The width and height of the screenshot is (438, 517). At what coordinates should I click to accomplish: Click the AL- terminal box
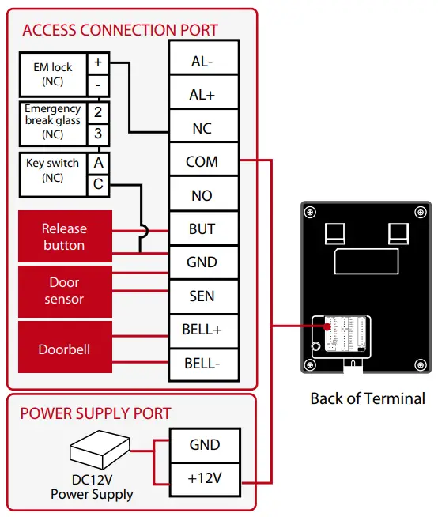point(202,62)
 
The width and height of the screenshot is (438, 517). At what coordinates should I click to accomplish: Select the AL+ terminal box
point(202,95)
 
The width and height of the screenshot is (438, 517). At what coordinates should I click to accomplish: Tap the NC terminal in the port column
point(202,129)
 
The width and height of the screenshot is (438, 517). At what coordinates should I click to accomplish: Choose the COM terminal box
point(202,162)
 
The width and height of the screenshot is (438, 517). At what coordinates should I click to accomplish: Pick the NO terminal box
point(202,195)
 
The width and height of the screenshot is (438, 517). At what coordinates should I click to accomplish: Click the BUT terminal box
point(202,229)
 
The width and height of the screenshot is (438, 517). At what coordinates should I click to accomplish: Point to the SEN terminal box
point(202,296)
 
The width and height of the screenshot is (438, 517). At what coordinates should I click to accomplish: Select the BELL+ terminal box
point(202,330)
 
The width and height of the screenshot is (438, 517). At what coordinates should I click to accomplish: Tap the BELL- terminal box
point(202,364)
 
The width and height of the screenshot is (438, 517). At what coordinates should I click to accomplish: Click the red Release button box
point(64,236)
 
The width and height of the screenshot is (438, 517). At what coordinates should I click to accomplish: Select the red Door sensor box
point(64,290)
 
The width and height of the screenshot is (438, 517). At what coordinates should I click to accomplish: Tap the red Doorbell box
point(64,349)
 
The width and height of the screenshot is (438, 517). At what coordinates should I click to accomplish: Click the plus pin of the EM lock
point(98,62)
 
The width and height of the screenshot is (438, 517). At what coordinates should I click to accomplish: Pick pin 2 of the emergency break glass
point(98,112)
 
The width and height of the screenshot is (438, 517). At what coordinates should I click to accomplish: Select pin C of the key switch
point(98,184)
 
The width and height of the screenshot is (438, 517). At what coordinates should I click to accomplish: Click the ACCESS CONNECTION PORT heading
point(120,31)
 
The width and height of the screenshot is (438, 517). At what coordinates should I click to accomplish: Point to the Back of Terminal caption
point(367,398)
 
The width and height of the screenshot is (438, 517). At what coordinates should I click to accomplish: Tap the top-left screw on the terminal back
point(310,211)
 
